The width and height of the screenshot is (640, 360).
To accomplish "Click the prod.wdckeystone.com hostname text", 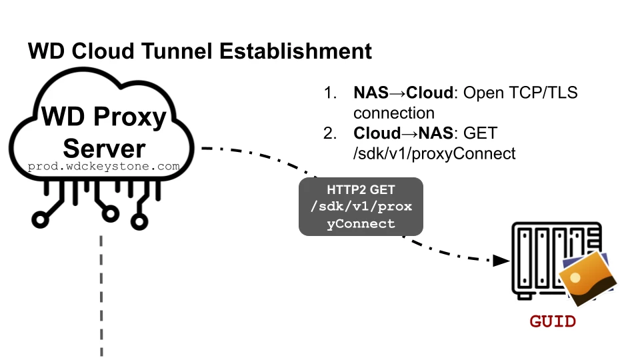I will pos(104,166).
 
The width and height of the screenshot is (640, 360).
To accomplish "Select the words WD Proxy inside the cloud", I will pos(104,117).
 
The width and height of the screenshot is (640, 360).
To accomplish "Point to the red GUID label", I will pos(553,322).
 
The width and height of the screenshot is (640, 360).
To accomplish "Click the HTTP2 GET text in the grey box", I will pos(361,190).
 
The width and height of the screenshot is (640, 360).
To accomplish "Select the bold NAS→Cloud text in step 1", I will pos(402,93).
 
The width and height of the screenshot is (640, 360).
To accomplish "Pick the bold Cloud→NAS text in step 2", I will pos(402,133).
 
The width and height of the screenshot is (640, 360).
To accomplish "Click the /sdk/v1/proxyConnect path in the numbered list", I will pos(434,153).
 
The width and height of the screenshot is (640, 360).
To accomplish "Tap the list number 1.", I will pos(330,93).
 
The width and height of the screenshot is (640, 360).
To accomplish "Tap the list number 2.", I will pos(330,133).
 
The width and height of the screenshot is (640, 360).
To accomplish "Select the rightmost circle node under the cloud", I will pos(139,217).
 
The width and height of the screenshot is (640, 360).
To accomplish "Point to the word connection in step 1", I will pos(394,113).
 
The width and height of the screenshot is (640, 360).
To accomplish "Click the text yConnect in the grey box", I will pos(361,224).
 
